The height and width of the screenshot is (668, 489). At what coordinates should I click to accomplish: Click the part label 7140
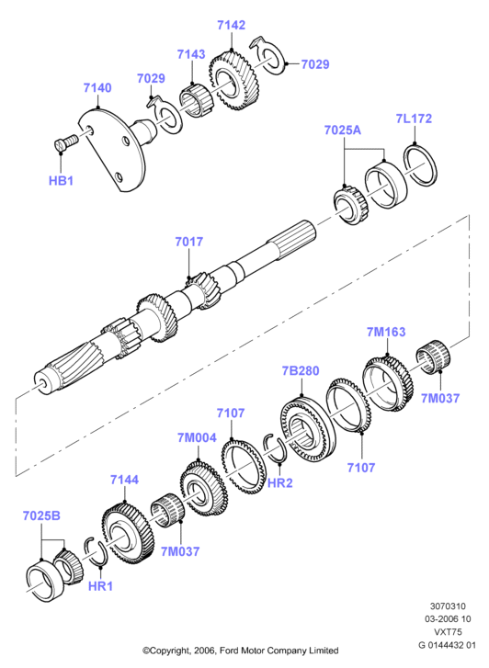97,88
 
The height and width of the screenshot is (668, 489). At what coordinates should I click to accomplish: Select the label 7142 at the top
231,25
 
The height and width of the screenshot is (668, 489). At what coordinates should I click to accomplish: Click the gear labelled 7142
234,80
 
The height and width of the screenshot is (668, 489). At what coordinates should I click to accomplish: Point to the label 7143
191,54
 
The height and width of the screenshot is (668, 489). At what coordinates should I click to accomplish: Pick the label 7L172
414,119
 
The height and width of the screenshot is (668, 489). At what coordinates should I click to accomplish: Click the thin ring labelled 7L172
420,165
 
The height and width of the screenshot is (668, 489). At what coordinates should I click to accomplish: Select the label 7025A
342,130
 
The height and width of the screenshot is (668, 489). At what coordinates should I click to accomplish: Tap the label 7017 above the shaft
188,242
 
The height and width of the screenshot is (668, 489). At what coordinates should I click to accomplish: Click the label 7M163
386,332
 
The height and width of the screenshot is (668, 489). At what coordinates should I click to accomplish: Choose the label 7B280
301,370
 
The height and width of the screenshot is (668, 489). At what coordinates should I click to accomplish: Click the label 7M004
197,437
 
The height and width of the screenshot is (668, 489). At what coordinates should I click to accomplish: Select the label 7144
124,480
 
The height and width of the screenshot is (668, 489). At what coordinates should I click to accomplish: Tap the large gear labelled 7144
127,533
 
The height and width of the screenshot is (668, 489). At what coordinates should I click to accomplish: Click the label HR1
100,586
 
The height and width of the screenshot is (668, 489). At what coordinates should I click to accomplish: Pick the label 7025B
41,515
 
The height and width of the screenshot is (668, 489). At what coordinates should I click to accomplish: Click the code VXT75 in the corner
448,632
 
